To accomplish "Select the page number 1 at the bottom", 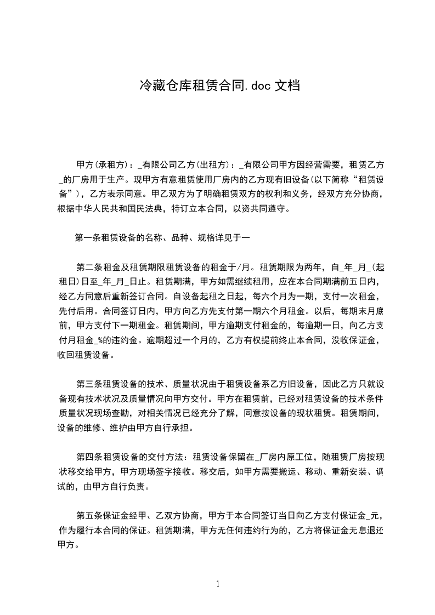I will click(x=218, y=583).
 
